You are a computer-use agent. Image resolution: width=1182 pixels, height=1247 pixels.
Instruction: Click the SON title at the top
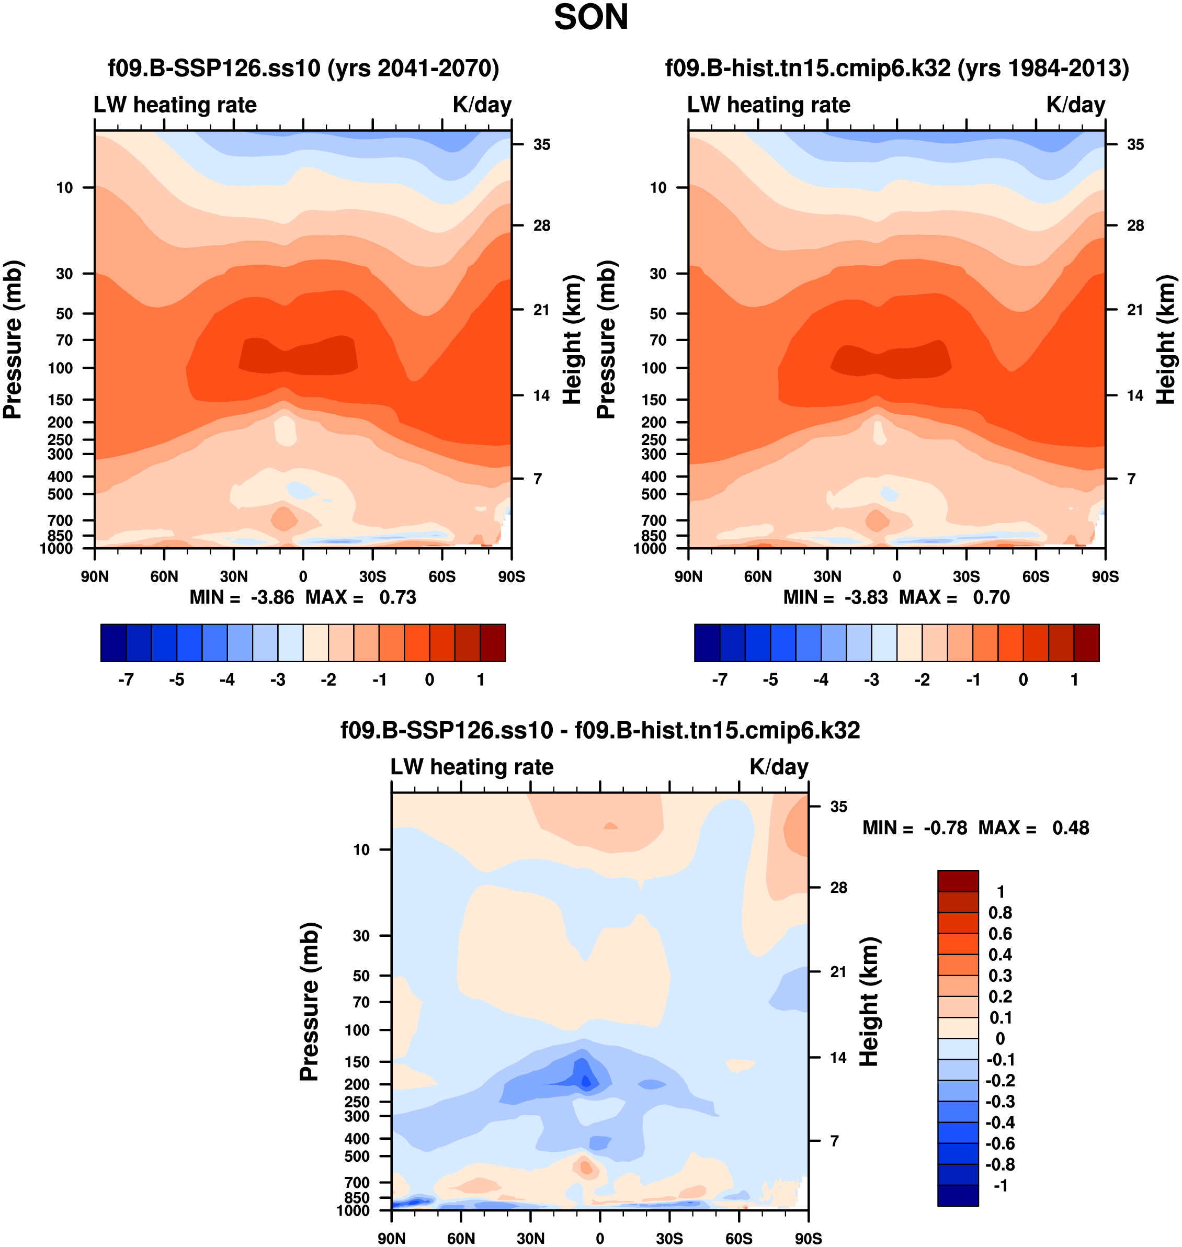tap(590, 18)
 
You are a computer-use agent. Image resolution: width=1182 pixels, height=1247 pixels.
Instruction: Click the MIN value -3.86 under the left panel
tap(272, 597)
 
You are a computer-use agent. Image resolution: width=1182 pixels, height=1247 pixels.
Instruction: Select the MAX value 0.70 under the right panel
tap(991, 597)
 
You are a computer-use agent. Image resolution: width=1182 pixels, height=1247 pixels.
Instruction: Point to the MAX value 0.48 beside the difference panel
tap(1070, 827)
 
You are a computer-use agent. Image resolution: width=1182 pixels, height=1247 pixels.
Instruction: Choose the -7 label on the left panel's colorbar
tap(126, 680)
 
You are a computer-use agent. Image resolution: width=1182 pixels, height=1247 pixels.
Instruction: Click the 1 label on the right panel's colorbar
tap(1074, 680)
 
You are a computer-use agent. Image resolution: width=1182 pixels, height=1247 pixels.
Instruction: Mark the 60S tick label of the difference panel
tap(738, 1238)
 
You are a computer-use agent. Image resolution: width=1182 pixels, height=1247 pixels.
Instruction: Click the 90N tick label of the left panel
tap(95, 576)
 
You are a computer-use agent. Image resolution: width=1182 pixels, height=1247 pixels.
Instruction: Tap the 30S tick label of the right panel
tap(966, 576)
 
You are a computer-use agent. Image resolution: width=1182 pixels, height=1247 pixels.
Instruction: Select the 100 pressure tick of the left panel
tap(61, 368)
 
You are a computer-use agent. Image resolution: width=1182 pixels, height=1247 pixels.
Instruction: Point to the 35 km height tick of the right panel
tap(1135, 145)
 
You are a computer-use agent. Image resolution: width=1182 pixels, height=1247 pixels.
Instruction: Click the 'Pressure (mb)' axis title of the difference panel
tap(310, 1001)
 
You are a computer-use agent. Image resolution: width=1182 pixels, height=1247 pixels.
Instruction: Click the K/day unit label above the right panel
tap(1075, 105)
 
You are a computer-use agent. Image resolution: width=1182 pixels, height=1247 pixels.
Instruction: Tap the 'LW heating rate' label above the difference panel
tap(472, 767)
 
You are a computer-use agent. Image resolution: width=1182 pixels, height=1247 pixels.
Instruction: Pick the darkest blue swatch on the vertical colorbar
tap(958, 1195)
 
